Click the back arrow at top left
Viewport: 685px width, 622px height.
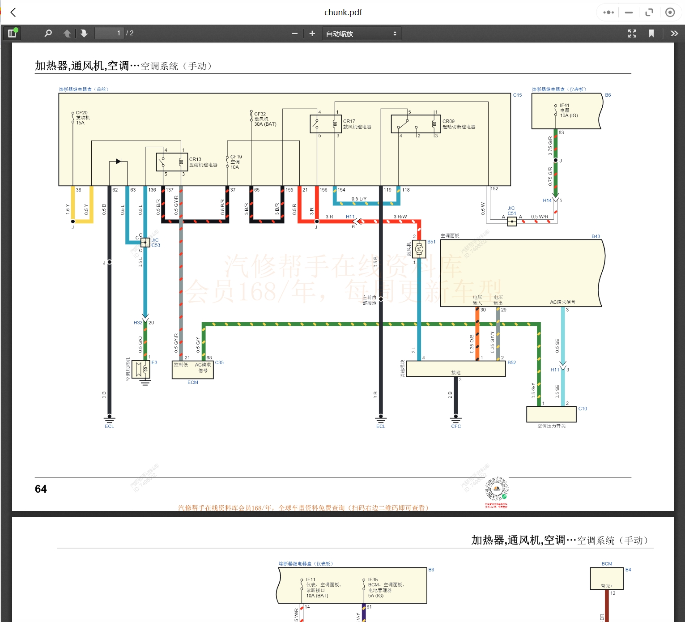(x=13, y=13)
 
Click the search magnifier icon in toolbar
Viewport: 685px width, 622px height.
(x=48, y=34)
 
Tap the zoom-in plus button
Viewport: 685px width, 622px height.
(x=312, y=34)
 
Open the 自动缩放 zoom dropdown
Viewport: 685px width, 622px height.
(x=361, y=34)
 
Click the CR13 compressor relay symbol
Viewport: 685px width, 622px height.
(x=172, y=162)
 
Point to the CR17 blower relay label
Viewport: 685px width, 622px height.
(x=357, y=124)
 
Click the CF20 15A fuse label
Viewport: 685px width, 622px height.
(x=82, y=118)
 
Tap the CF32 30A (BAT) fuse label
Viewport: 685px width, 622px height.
(x=265, y=119)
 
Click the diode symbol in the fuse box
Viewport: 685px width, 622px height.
(x=118, y=161)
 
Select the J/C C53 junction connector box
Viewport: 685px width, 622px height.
(x=145, y=243)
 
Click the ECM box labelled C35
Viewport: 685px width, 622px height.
(x=192, y=370)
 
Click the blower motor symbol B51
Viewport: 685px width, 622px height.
(x=419, y=249)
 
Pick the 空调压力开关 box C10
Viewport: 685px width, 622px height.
(x=551, y=414)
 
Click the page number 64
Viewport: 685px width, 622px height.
(x=41, y=489)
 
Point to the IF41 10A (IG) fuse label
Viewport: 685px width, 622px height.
(x=568, y=111)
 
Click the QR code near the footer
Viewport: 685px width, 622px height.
(x=497, y=490)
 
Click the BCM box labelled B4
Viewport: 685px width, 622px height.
(x=607, y=579)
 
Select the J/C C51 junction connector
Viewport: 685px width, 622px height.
(x=512, y=221)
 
